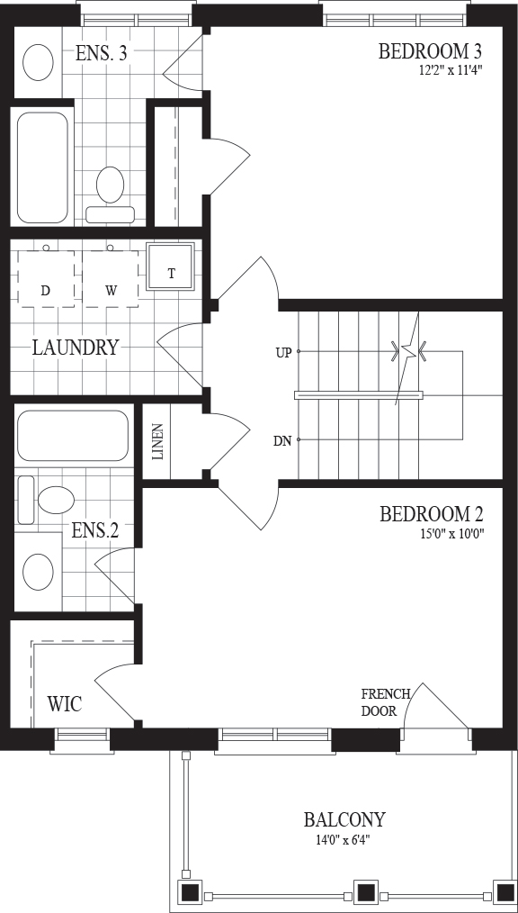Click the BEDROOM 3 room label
point(430,52)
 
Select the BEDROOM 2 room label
point(432,515)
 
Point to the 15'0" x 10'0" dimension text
point(452,533)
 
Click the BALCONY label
point(344,820)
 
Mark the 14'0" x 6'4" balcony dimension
point(341,839)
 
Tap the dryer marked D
point(46,279)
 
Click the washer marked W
point(111,279)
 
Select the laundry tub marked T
point(170,267)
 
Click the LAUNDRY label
point(75,348)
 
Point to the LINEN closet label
point(157,442)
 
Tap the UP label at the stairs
point(283,352)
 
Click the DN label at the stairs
point(282,441)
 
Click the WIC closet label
point(65,703)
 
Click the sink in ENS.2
point(38,571)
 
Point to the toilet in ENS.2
point(46,500)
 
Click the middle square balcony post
point(365,891)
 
